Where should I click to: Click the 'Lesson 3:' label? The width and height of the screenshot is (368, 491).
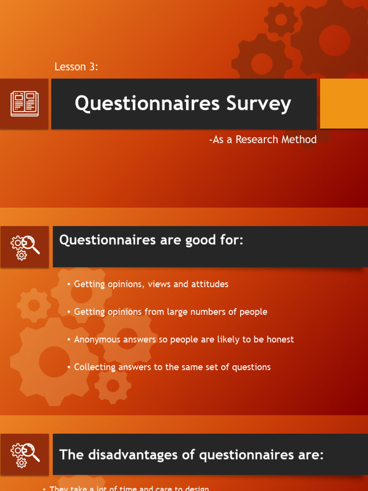(x=76, y=67)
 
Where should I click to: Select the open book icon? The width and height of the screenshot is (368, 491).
(x=24, y=104)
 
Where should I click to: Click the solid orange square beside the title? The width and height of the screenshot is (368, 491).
(x=344, y=104)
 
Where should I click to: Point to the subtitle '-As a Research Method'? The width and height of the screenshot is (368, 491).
(x=263, y=140)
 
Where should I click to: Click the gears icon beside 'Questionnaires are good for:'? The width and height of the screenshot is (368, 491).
(x=24, y=246)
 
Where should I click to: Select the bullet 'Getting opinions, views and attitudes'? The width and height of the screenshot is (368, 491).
(x=151, y=284)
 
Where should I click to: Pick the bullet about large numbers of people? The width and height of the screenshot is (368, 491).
(x=170, y=312)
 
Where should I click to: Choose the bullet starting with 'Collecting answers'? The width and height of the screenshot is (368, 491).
(x=172, y=367)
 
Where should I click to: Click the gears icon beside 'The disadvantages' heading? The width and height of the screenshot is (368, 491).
(x=24, y=454)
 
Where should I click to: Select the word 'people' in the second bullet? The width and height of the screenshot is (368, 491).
(x=253, y=312)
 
